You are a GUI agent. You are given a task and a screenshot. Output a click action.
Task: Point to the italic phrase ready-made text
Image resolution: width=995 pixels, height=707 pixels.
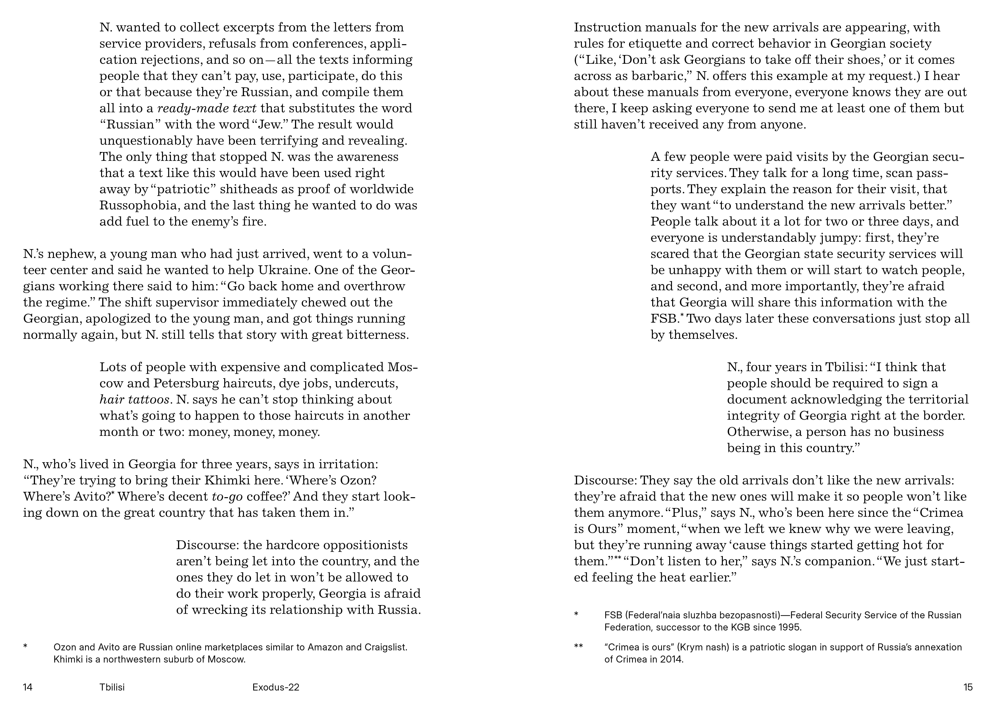tap(207, 108)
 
